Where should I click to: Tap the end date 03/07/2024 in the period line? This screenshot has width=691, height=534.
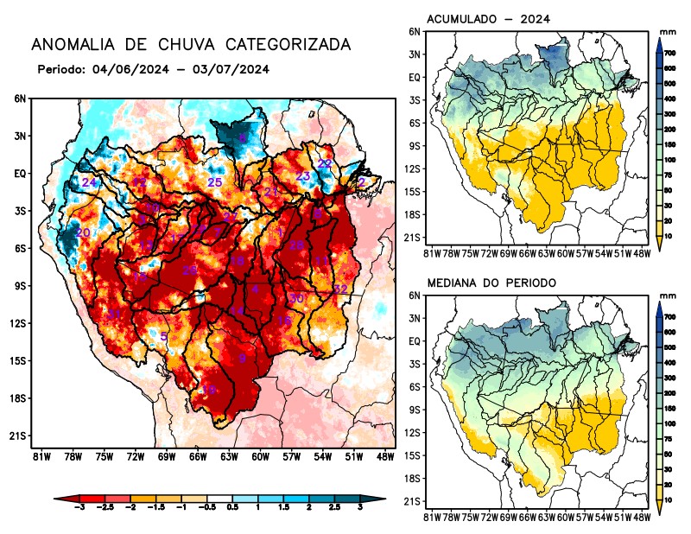click(231, 69)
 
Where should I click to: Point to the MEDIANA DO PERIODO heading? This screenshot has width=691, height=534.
click(491, 283)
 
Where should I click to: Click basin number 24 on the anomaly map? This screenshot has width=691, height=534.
click(88, 183)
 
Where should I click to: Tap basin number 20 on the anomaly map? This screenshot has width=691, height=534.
click(83, 233)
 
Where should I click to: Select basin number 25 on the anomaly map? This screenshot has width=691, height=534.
click(215, 182)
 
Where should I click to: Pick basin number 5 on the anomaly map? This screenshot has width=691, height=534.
click(164, 337)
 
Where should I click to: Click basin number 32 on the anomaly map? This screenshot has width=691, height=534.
click(340, 289)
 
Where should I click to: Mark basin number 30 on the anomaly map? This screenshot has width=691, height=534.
click(296, 298)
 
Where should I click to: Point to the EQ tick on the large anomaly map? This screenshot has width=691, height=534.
click(20, 174)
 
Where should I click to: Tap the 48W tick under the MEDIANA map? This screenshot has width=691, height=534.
click(641, 517)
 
